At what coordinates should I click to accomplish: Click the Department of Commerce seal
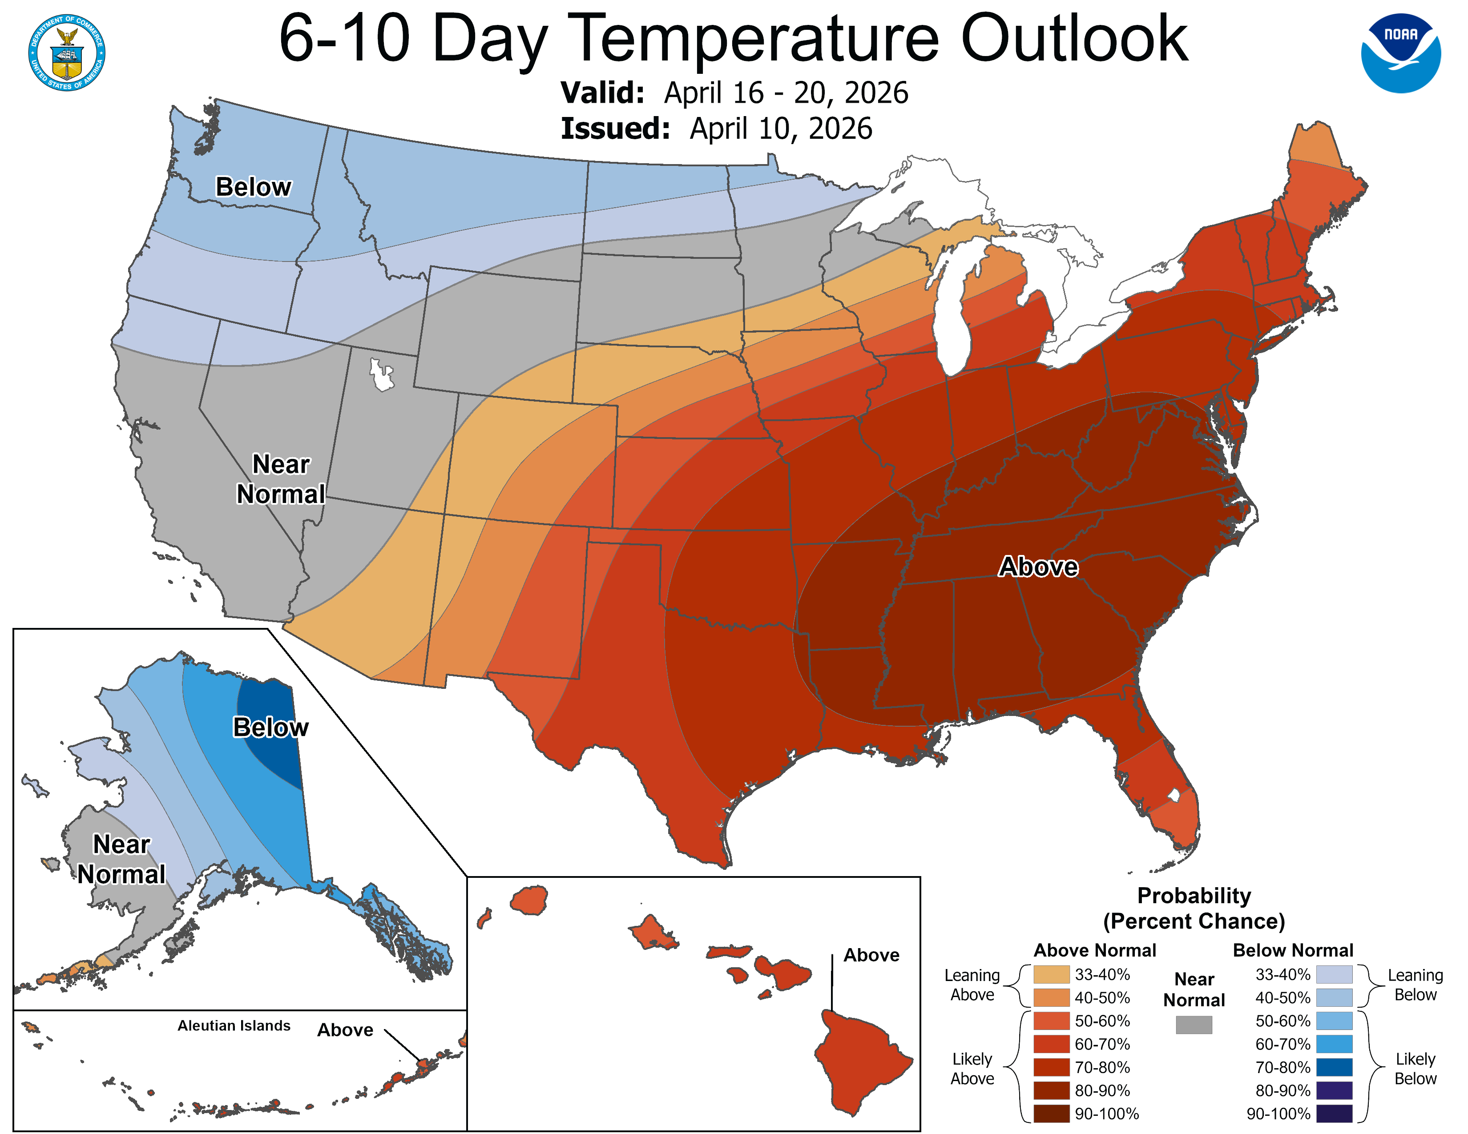pyautogui.click(x=67, y=52)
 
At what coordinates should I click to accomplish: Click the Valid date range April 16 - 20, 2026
pyautogui.click(x=786, y=92)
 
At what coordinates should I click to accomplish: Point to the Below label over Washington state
pyautogui.click(x=253, y=187)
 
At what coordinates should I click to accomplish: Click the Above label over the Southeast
pyautogui.click(x=1038, y=566)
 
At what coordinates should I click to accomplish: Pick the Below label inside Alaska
pyautogui.click(x=270, y=727)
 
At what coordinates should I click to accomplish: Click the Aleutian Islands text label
pyautogui.click(x=234, y=1025)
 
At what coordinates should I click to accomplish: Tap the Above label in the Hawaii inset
pyautogui.click(x=871, y=955)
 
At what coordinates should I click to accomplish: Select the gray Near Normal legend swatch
pyautogui.click(x=1194, y=1025)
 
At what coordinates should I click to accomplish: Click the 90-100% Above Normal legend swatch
pyautogui.click(x=1051, y=1113)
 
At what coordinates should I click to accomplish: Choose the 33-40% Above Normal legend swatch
pyautogui.click(x=1051, y=974)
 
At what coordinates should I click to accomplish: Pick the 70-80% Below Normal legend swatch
pyautogui.click(x=1334, y=1067)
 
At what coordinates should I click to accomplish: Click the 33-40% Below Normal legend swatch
pyautogui.click(x=1334, y=974)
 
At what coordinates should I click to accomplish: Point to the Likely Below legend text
pyautogui.click(x=1415, y=1068)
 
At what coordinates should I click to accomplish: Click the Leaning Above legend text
pyautogui.click(x=972, y=984)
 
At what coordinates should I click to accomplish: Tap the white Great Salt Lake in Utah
pyautogui.click(x=381, y=375)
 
